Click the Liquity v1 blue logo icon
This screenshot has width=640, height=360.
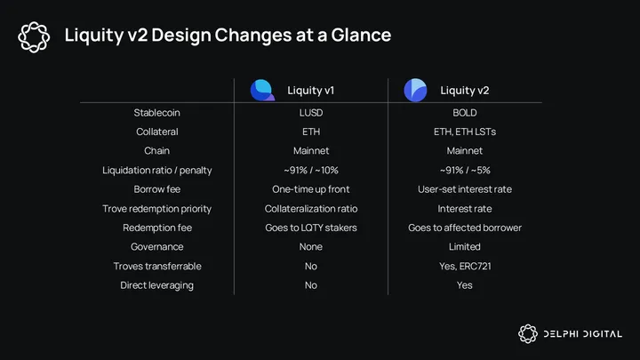[x=262, y=90]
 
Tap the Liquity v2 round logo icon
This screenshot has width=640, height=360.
[x=415, y=90]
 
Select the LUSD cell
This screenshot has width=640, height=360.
[x=311, y=113]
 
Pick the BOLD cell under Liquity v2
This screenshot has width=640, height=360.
[x=465, y=113]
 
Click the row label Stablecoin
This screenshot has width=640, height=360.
[x=156, y=113]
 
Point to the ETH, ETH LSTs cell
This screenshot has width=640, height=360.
[x=465, y=132]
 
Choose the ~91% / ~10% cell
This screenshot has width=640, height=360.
[x=311, y=170]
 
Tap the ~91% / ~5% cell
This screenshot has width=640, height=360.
[x=465, y=170]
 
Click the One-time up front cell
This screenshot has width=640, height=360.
[x=311, y=189]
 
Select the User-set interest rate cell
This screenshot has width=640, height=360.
[x=465, y=189]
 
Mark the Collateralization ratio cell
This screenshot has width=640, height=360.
[x=311, y=209]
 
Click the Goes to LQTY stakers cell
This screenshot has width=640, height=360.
[x=311, y=228]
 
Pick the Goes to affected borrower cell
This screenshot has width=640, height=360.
[x=465, y=228]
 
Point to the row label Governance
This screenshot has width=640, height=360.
[x=156, y=247]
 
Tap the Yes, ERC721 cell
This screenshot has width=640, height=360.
[x=465, y=266]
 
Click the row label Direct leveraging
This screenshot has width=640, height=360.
[x=156, y=285]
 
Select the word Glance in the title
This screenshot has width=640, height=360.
[x=361, y=35]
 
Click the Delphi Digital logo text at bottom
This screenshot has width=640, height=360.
[x=583, y=334]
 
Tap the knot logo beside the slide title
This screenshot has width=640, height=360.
[x=34, y=37]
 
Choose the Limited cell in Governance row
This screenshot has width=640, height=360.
[x=465, y=247]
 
